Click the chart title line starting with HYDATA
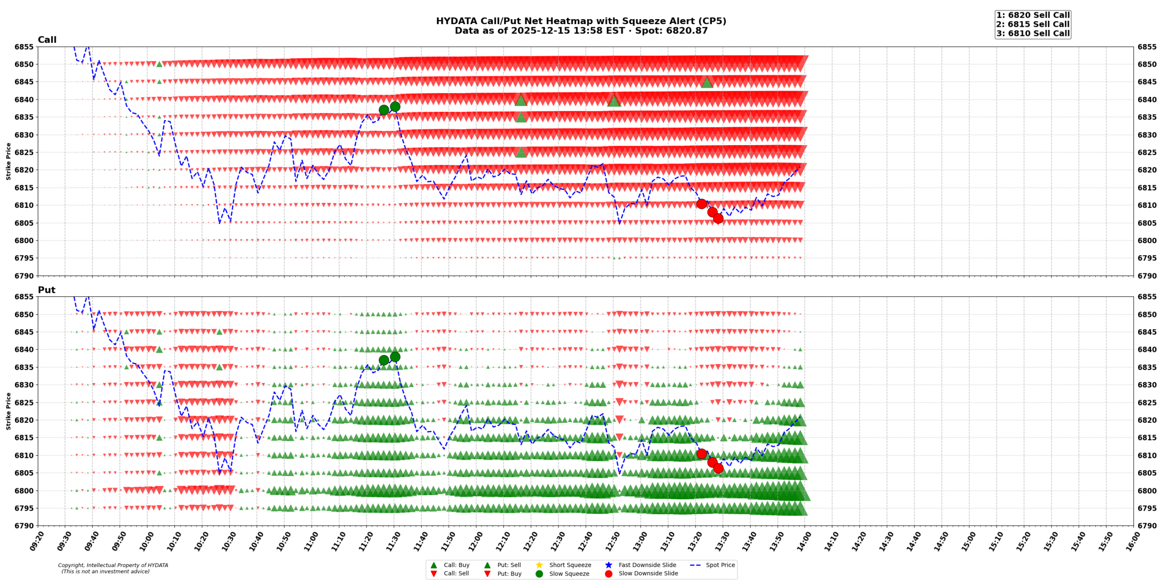pos(581,21)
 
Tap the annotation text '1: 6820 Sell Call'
pos(1033,15)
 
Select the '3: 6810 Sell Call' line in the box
pos(1033,33)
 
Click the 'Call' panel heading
pos(47,40)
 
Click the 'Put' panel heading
pos(46,290)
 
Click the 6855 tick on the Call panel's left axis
pos(24,47)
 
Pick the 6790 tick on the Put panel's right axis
pos(1147,526)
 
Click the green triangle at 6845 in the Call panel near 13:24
pos(706,82)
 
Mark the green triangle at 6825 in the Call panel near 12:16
pos(521,152)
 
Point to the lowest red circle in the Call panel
pos(718,218)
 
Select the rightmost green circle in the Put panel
pos(395,356)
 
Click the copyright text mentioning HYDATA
pos(113,565)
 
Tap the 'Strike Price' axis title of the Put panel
pos(8,411)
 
